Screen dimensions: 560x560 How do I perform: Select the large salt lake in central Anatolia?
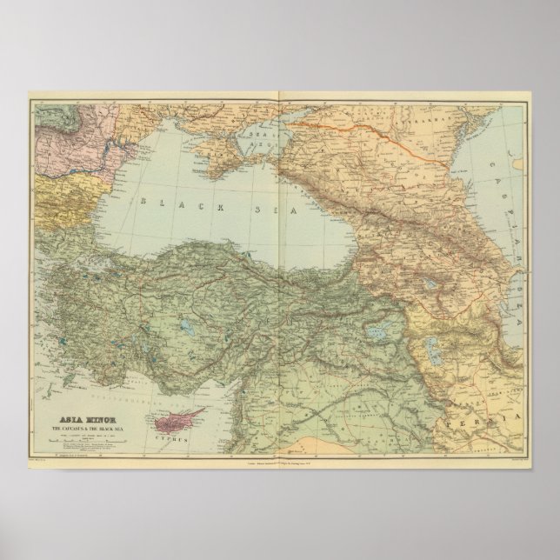point(186,328)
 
